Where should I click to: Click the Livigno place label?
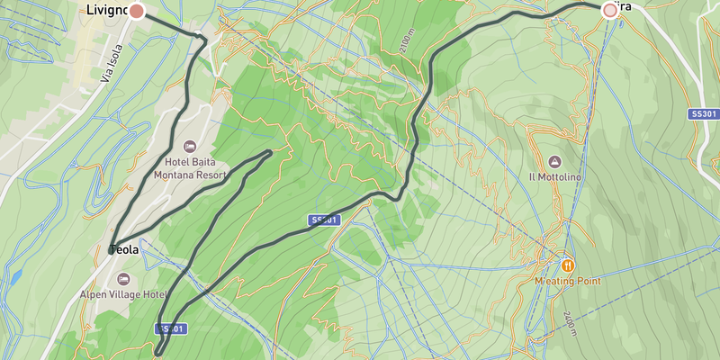106,10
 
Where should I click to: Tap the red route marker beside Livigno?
137,11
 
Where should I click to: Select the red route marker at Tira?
610,10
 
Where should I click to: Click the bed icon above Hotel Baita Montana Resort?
189,146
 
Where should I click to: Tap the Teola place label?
125,250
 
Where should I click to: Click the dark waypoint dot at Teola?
112,250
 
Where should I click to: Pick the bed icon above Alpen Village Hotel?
122,278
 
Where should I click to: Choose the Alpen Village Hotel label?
136,294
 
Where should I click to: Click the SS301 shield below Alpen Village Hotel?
171,328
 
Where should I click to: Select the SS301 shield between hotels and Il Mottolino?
323,220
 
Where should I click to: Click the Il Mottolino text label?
554,176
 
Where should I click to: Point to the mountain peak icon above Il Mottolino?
554,161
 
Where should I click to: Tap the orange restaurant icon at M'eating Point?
568,265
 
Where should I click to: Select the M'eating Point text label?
567,281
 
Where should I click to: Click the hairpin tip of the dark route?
269,153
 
